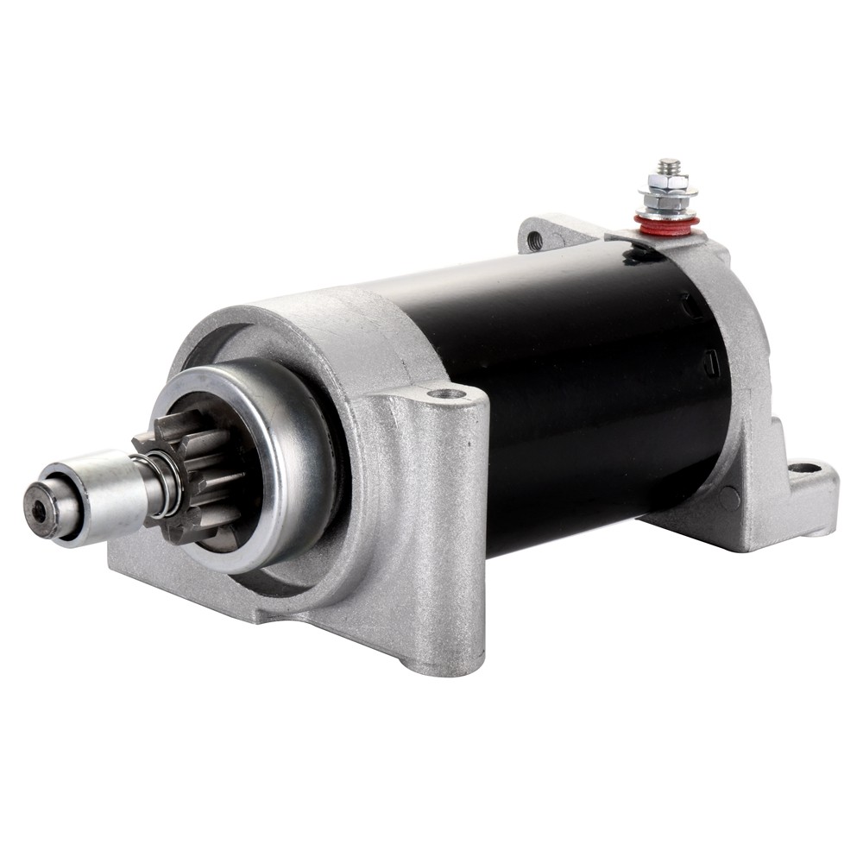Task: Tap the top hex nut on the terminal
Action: tap(667, 181)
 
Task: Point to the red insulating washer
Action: tap(665, 224)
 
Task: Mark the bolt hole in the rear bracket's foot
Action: tap(804, 469)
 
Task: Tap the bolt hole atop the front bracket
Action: tap(447, 395)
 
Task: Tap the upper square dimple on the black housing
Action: tap(690, 304)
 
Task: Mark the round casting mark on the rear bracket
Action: tap(729, 497)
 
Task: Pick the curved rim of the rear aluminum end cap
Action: tap(749, 345)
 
